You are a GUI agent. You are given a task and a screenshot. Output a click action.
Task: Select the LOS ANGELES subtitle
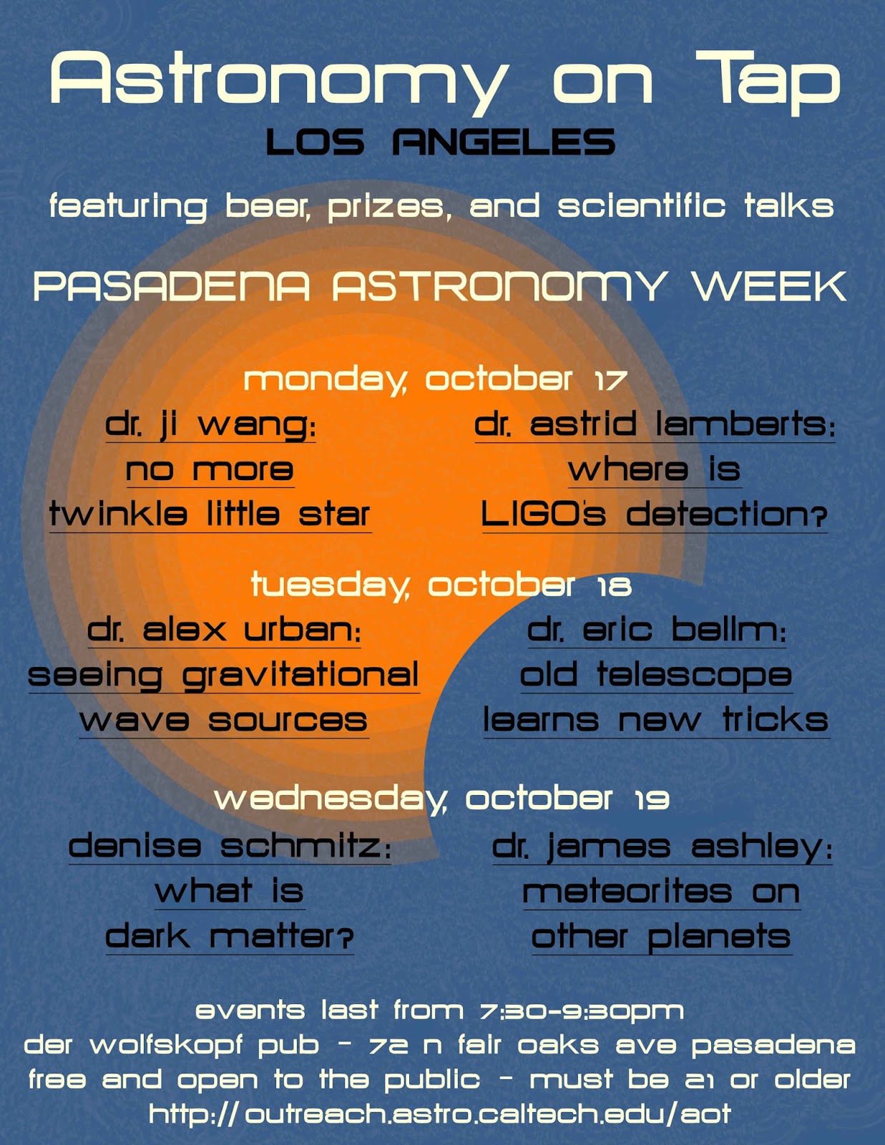(x=440, y=142)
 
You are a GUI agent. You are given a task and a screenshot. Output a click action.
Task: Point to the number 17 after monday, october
(x=611, y=379)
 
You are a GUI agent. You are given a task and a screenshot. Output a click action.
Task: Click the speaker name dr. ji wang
(x=210, y=425)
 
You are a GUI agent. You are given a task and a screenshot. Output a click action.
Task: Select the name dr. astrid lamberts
(x=654, y=425)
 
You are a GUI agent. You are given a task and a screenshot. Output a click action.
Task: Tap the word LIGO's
(x=543, y=515)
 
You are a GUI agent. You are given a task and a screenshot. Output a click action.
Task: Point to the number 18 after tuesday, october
(x=615, y=587)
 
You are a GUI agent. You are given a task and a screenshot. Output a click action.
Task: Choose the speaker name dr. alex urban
(x=224, y=630)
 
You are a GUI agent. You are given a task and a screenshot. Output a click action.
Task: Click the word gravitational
(x=300, y=676)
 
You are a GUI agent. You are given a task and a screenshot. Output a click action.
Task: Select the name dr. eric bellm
(x=657, y=630)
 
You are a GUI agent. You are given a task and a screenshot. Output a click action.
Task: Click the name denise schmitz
(x=229, y=847)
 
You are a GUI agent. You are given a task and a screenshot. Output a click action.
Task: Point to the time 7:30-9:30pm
(x=582, y=1010)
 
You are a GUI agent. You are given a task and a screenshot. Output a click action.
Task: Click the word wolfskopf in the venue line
(x=204, y=1046)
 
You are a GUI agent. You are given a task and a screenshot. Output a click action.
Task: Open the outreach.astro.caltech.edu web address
(x=440, y=1114)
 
